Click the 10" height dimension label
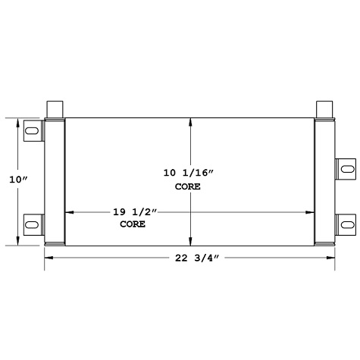pyautogui.click(x=18, y=180)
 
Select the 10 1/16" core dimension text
pyautogui.click(x=189, y=173)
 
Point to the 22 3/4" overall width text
pyautogui.click(x=189, y=259)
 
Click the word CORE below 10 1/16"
pyautogui.click(x=188, y=186)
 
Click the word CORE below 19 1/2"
pyautogui.click(x=132, y=225)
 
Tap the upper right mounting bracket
pyautogui.click(x=344, y=167)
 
